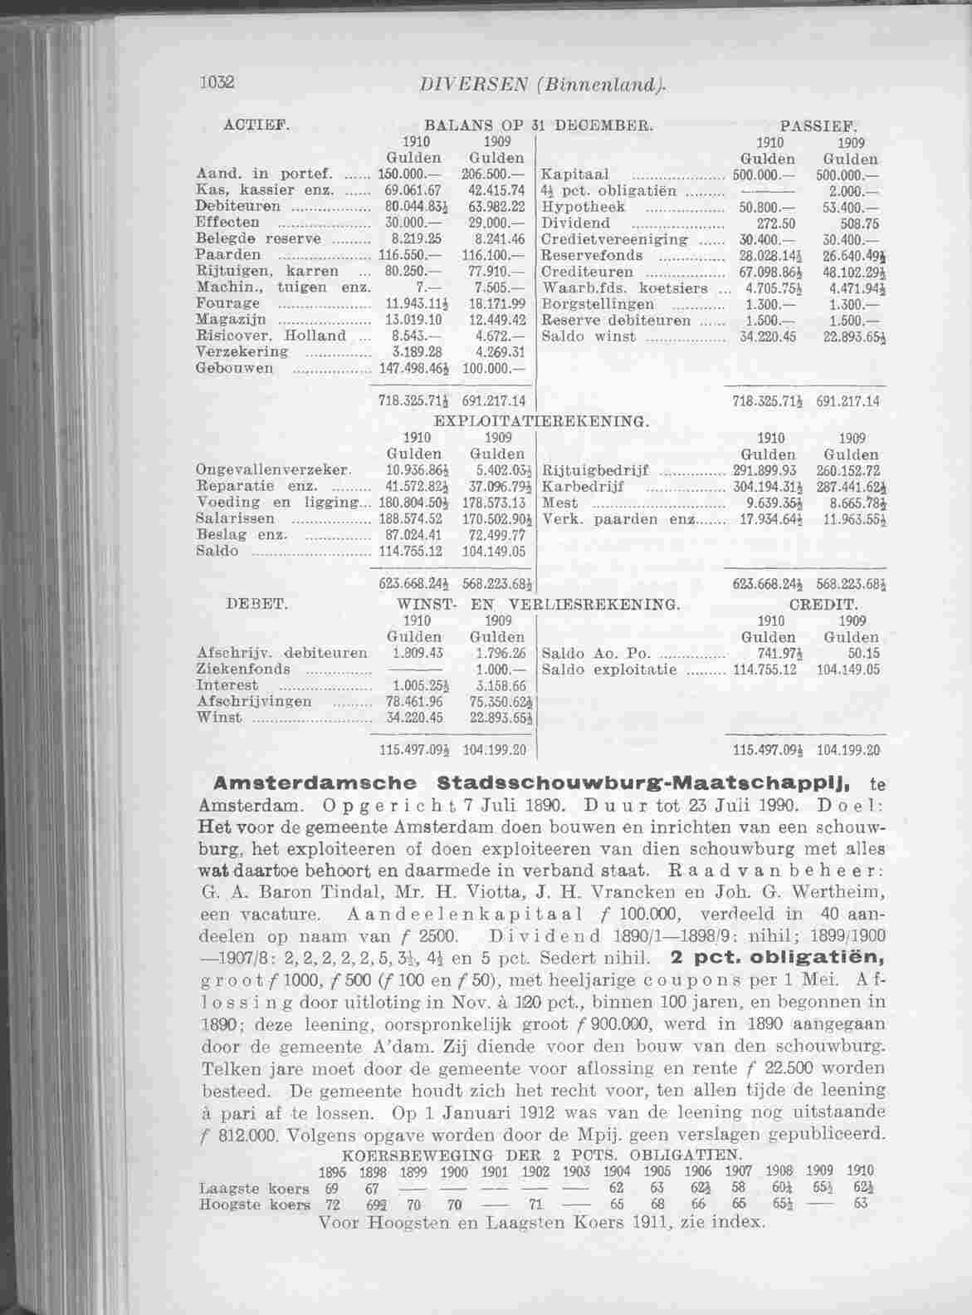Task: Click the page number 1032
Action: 217,82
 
